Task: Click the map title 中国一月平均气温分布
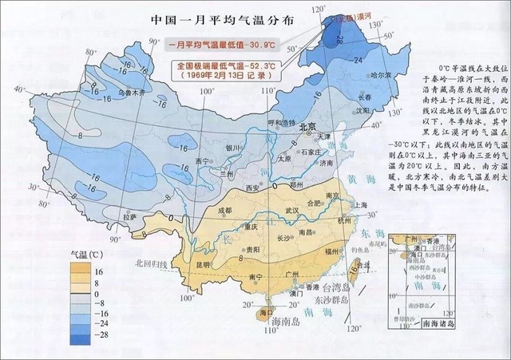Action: point(220,20)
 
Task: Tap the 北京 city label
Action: point(285,127)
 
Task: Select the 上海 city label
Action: point(357,204)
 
